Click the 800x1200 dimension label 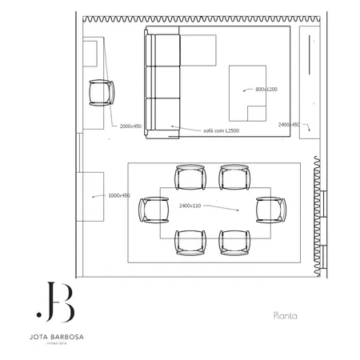click(x=266, y=90)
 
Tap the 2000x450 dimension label click(x=130, y=126)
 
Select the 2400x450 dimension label click(x=289, y=125)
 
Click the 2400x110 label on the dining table click(x=191, y=206)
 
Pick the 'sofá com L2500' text click(x=222, y=130)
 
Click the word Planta click(x=285, y=315)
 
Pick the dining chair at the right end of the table click(x=270, y=209)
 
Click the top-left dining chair click(x=190, y=177)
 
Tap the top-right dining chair click(x=234, y=177)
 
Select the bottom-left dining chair click(x=190, y=242)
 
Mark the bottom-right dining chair click(x=234, y=242)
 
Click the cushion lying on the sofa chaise click(x=199, y=51)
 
